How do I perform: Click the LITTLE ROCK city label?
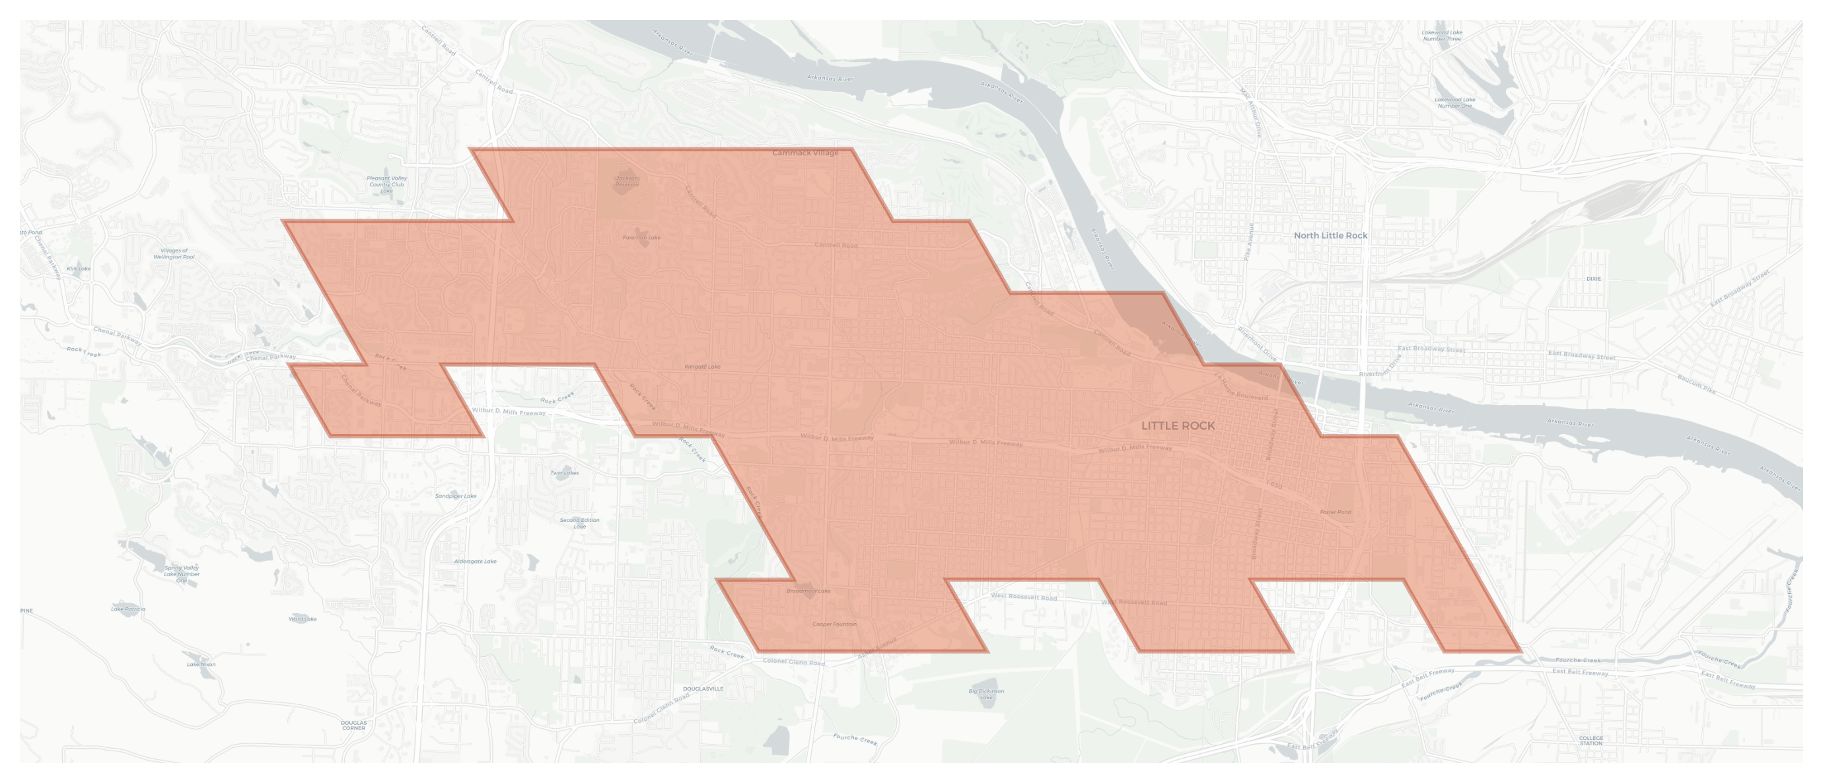(1178, 426)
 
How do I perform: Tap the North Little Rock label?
(1330, 236)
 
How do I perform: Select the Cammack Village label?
(805, 153)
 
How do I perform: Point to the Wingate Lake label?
(702, 367)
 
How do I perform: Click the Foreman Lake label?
(641, 238)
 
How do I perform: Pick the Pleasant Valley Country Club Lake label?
(386, 185)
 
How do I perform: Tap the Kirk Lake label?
(79, 269)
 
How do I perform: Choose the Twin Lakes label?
(564, 473)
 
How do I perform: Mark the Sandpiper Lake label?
(455, 496)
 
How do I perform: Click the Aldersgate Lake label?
(475, 562)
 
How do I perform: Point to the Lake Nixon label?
(201, 665)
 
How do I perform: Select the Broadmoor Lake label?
(808, 591)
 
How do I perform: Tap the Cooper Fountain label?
(834, 624)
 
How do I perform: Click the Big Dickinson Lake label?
(985, 694)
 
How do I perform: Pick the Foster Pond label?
(1336, 512)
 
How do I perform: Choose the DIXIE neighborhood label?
(1593, 279)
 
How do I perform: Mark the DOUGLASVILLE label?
(703, 689)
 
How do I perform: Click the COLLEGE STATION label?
(1591, 741)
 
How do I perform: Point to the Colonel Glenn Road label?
(793, 662)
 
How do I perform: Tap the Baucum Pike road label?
(1696, 385)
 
